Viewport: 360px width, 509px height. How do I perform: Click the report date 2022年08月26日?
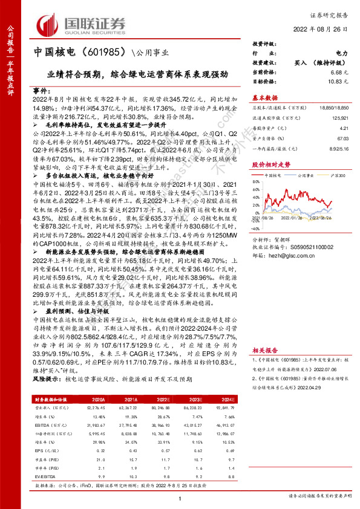coord(321,28)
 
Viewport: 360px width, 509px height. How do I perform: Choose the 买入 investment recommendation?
coord(301,63)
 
